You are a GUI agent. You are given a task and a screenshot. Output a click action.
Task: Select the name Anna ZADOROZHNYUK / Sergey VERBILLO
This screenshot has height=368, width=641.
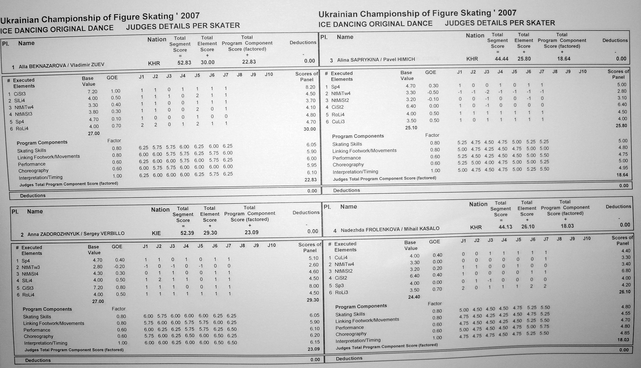point(76,234)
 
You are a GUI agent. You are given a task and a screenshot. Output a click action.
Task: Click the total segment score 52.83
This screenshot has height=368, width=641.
point(184,63)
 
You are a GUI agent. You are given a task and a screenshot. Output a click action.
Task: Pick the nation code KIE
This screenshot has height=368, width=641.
point(156,233)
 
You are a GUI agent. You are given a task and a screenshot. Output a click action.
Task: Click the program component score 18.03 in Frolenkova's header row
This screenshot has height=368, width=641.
point(567,226)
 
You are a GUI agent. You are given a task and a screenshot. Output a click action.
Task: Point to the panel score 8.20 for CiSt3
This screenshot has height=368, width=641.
point(310,87)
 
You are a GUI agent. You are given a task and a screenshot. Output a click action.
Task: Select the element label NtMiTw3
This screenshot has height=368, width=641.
point(31,267)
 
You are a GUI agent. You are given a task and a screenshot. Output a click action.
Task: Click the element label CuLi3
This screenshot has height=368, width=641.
point(338,122)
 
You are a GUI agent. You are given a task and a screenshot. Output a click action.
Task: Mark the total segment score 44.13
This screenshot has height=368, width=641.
point(505,227)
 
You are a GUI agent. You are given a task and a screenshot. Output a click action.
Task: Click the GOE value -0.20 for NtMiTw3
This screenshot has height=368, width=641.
point(119,266)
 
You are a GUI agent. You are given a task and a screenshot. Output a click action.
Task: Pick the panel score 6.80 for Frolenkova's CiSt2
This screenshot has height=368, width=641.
point(626,271)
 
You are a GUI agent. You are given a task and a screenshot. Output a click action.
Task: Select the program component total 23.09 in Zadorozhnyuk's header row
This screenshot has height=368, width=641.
point(251,232)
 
